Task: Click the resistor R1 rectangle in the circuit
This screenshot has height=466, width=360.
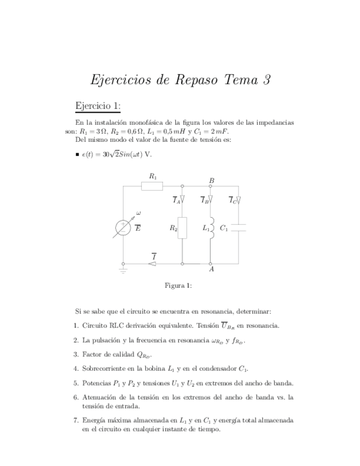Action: pos(152,186)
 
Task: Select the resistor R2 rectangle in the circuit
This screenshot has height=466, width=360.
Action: pos(182,227)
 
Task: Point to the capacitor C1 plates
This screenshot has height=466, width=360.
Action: pos(239,228)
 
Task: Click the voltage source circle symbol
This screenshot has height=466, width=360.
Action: pos(122,228)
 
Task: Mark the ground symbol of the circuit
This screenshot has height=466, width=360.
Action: pos(123,269)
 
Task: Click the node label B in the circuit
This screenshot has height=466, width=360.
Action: pos(212,181)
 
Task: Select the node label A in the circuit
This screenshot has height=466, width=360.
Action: pos(211,270)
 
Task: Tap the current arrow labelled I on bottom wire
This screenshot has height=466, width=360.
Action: pos(153,264)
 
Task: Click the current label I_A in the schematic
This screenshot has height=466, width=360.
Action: pos(176,201)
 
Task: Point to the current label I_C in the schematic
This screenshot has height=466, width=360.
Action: pos(232,201)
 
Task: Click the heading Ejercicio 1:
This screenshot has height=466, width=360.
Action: pos(98,106)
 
